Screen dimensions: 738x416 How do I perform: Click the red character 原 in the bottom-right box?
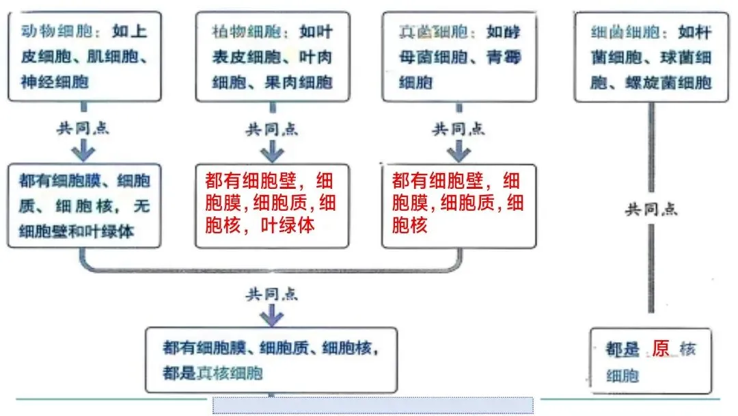[x=660, y=349]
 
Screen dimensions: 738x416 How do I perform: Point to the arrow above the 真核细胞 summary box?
[x=272, y=314]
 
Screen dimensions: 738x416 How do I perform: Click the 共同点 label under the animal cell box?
[x=83, y=127]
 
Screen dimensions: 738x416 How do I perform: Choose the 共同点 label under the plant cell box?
[x=272, y=128]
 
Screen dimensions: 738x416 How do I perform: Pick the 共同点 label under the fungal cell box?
[x=459, y=128]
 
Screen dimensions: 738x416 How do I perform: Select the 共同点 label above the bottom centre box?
[x=272, y=295]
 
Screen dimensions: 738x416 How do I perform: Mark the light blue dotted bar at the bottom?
[x=372, y=405]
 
